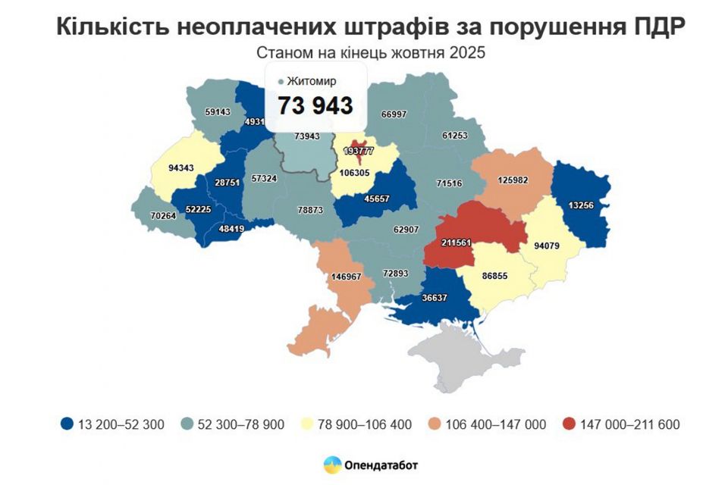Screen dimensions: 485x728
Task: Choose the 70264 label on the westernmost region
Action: [x=163, y=216]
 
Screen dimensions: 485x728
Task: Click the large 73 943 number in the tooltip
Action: [x=315, y=106]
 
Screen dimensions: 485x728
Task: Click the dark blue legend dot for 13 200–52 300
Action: [x=67, y=424]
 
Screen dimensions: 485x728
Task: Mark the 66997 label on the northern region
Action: [x=394, y=114]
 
